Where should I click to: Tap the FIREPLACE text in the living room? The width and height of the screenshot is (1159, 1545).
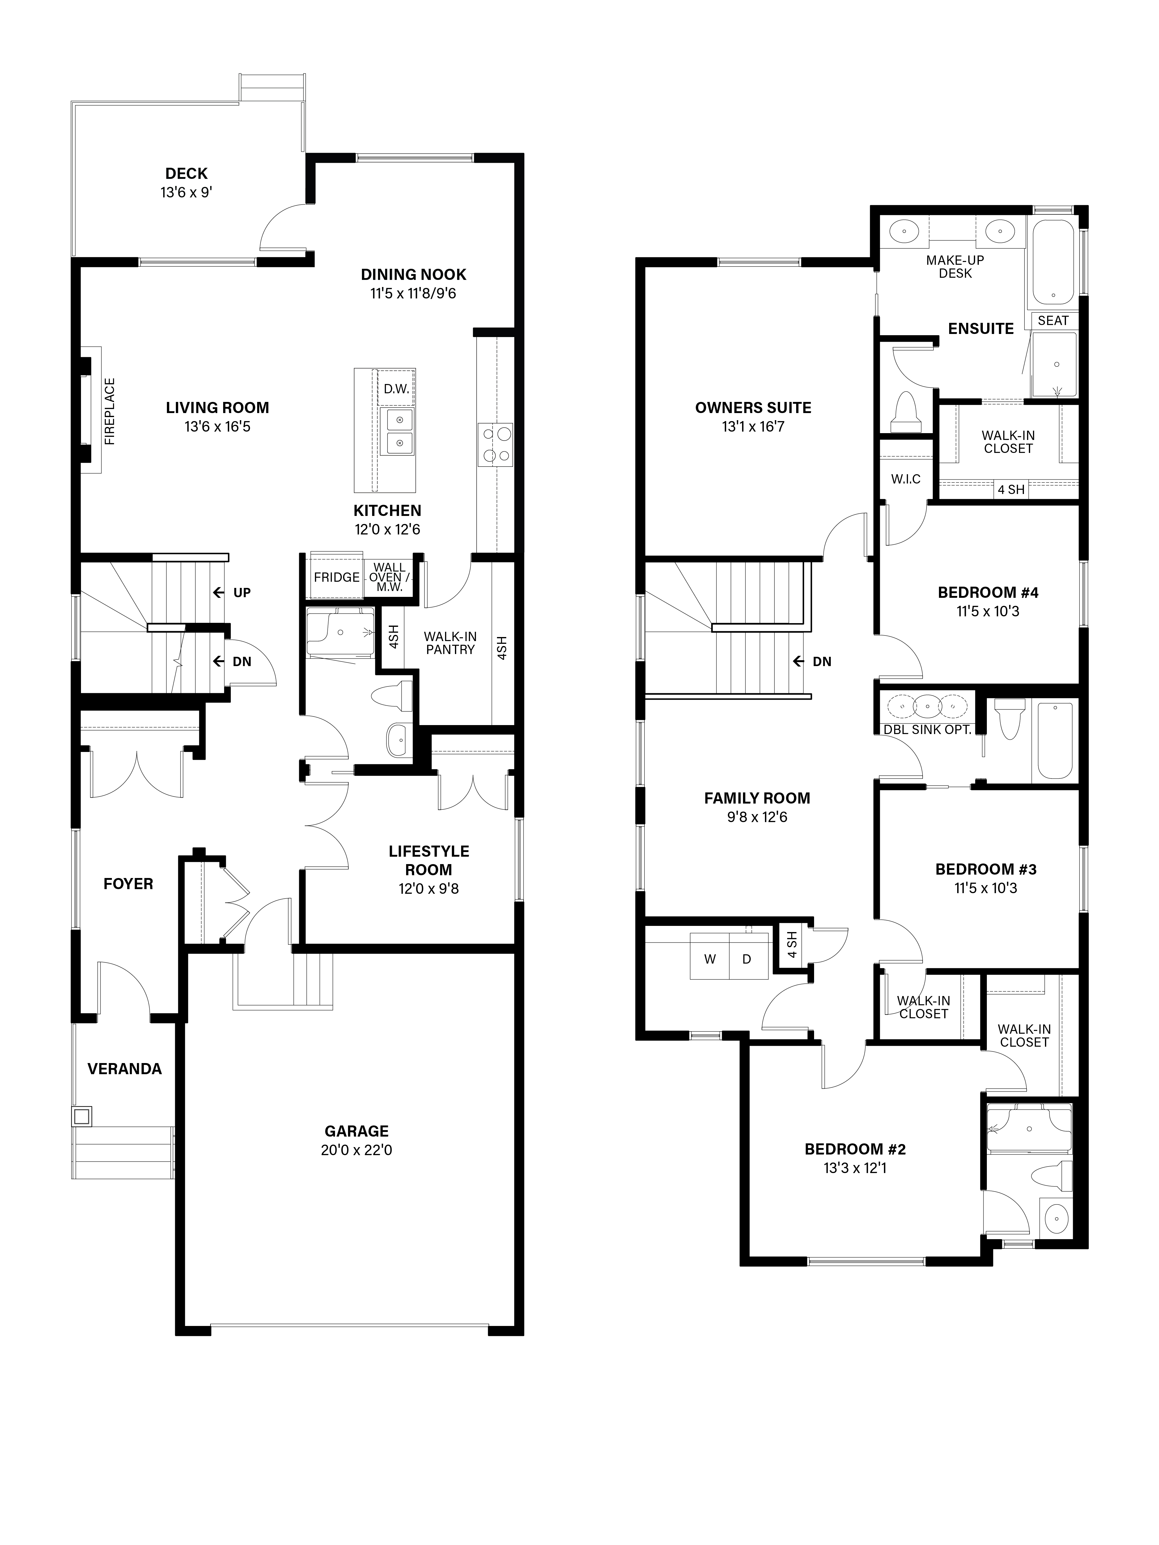110,412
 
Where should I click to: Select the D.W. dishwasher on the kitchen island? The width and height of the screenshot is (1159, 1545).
396,389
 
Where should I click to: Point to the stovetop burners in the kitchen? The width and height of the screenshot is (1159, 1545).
495,444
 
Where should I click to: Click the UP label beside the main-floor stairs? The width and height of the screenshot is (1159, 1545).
242,592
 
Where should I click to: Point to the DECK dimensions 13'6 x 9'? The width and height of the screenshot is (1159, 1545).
186,192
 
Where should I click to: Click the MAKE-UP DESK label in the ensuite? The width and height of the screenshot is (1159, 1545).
955,267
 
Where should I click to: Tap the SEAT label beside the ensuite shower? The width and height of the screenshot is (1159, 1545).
1053,321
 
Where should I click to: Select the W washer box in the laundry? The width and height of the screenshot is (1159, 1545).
710,959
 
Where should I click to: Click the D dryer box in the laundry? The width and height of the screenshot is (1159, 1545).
747,959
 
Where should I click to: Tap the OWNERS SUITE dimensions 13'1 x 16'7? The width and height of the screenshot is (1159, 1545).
753,426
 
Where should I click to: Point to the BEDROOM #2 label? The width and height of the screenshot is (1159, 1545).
855,1149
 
